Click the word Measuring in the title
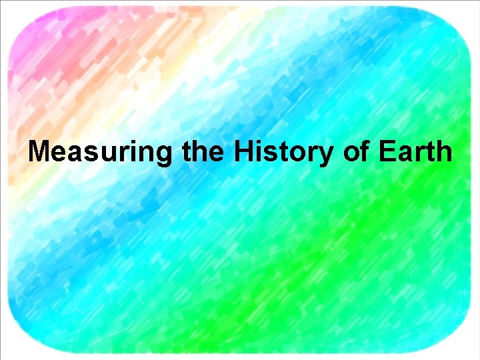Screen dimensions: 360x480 [x=100, y=152]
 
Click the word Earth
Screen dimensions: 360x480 [x=415, y=152]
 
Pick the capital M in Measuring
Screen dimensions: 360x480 [x=39, y=152]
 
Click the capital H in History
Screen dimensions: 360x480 [x=243, y=152]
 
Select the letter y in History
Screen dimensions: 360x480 [x=326, y=155]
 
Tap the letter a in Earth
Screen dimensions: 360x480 [x=403, y=154]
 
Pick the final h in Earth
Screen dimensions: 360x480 [x=444, y=152]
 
